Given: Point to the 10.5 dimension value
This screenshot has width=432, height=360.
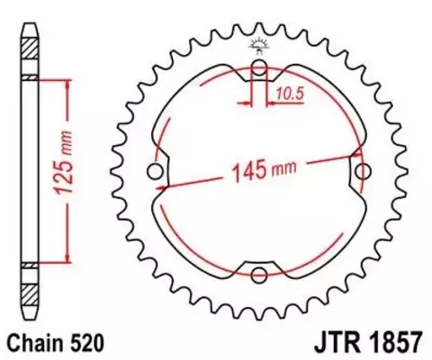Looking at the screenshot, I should [287, 92].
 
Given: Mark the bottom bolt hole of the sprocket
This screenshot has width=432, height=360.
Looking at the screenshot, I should [259, 274].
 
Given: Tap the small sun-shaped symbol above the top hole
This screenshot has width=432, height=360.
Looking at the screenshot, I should [259, 44].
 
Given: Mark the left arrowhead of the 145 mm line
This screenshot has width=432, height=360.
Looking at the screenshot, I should [165, 187].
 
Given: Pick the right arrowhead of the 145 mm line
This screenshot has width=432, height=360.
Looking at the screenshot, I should [354, 159].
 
